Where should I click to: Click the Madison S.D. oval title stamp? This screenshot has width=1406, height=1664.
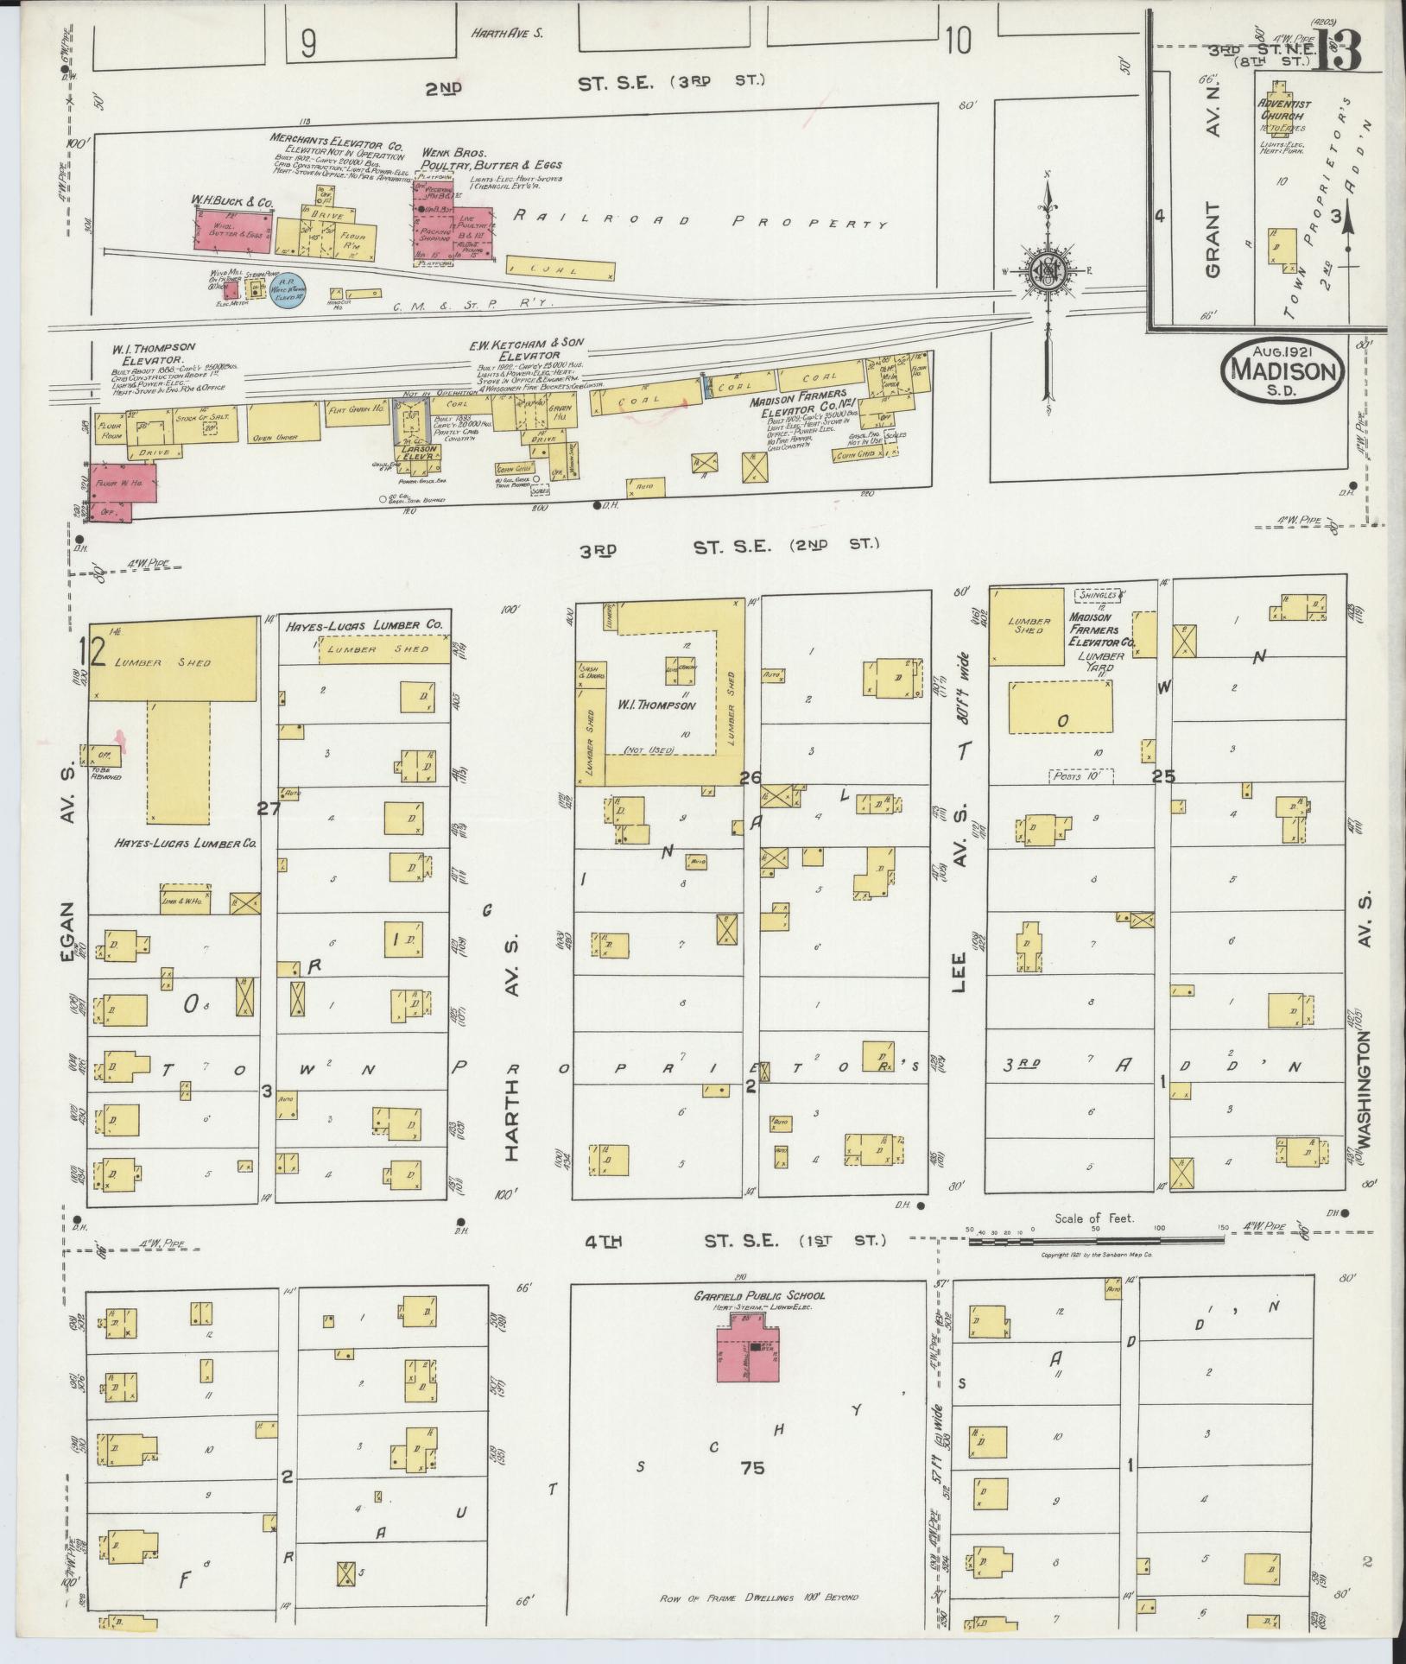(x=1282, y=369)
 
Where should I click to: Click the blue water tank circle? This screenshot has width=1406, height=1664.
(x=285, y=291)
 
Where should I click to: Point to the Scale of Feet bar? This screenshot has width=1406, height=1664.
(x=1095, y=1241)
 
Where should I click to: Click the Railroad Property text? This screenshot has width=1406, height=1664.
(x=700, y=221)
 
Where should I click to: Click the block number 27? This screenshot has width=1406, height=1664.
(x=269, y=808)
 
